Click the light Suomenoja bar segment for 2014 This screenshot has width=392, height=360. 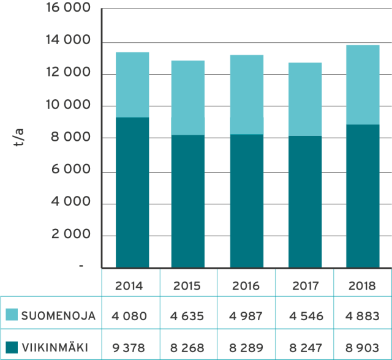pos(132,84)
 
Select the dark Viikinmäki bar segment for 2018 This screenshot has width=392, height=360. pos(362,196)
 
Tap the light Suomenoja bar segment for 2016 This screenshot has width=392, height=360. pos(247,94)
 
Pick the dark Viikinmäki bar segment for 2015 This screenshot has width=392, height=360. pos(188,201)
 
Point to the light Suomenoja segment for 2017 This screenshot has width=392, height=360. pos(305,99)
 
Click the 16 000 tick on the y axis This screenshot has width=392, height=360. pos(67,10)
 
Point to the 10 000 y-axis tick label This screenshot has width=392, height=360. pos(67,106)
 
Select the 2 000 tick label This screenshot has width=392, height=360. pos(70,234)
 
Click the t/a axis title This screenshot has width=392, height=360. pos(20,138)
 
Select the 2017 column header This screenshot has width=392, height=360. pos(304,286)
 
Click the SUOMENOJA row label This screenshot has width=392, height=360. pos(58,316)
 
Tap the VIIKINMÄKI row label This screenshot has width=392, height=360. pos(55,348)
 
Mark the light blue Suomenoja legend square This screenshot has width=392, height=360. pos(12,315)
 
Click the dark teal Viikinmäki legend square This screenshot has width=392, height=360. pos(12,347)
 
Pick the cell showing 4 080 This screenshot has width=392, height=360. pos(129,316)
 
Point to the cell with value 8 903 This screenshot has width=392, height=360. pos(362,348)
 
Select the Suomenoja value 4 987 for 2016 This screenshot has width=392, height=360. pos(246,316)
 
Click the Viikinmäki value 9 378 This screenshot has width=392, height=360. pos(129,348)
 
